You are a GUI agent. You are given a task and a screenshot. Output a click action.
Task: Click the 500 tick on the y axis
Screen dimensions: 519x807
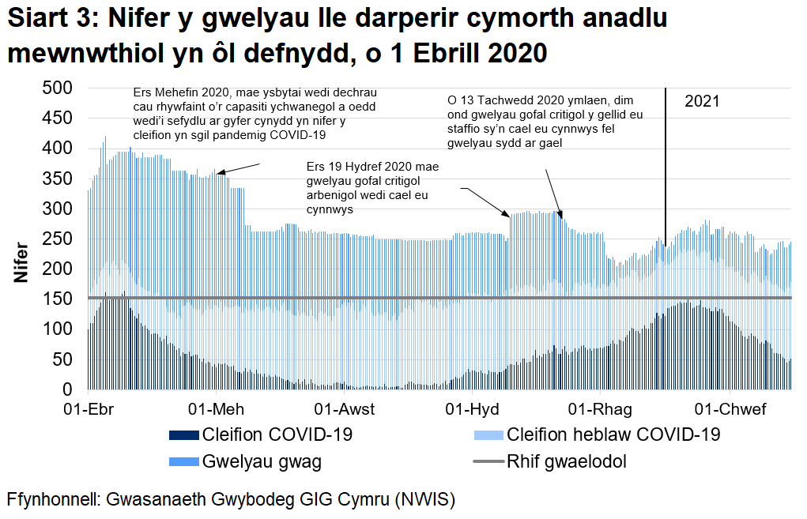(x=57, y=88)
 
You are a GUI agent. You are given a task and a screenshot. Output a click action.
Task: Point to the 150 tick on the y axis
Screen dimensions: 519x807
(x=57, y=299)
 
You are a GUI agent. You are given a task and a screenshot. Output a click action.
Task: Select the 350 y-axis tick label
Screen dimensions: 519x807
(x=57, y=179)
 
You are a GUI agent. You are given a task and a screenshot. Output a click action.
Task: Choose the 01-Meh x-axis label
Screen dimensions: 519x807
(x=216, y=409)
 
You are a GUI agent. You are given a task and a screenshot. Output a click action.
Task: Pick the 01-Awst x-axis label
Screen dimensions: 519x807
(x=345, y=409)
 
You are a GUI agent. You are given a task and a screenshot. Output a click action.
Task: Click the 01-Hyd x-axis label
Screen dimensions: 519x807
(x=472, y=409)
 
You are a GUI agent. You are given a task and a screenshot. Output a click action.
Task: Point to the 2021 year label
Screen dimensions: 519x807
(x=702, y=102)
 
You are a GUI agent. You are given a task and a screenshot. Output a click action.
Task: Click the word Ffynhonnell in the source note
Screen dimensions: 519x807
(x=51, y=500)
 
